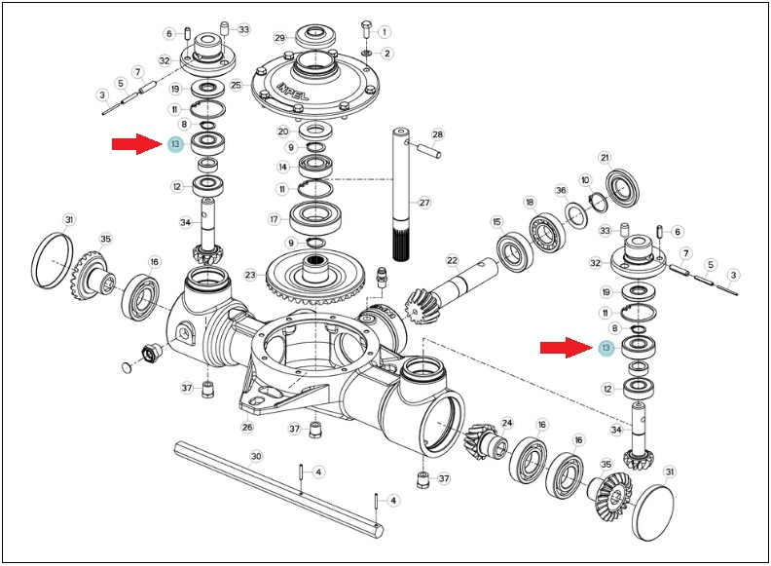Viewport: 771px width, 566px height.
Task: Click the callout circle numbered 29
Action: pos(279,38)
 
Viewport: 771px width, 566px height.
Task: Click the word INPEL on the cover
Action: pos(293,91)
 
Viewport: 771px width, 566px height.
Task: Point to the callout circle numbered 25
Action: pos(237,85)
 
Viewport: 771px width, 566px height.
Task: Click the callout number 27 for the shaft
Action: pos(424,202)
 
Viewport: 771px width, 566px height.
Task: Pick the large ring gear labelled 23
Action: pos(314,277)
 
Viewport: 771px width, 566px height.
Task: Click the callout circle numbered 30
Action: pos(256,456)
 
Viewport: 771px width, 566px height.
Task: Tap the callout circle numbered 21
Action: pos(605,158)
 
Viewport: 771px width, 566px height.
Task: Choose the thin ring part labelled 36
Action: pos(575,216)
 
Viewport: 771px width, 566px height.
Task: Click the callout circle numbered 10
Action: pos(585,180)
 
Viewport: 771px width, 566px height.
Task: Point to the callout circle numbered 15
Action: pos(496,222)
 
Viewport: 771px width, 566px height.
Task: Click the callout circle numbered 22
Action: pos(453,261)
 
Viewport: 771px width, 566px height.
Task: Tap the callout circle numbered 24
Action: pos(507,422)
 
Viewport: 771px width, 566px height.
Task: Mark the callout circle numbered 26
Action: pos(247,427)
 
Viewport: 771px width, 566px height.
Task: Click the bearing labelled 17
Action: pos(315,219)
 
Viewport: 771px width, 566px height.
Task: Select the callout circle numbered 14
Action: pos(282,167)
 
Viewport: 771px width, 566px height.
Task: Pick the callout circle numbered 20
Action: pos(283,132)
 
